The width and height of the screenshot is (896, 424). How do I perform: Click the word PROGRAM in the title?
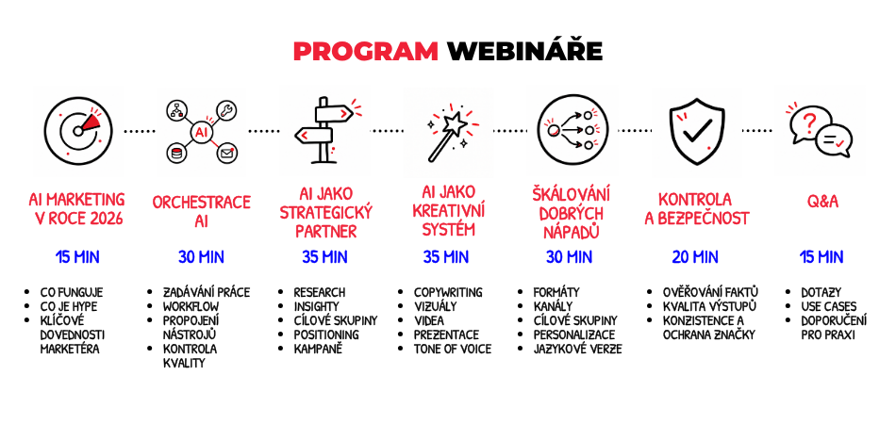click(366, 52)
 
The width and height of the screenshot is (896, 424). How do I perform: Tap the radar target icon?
click(78, 131)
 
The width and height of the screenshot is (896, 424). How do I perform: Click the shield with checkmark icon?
click(697, 131)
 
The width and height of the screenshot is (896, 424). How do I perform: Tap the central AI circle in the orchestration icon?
click(201, 133)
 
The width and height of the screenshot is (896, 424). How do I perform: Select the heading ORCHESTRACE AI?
click(201, 211)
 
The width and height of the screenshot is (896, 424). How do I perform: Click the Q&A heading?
click(822, 201)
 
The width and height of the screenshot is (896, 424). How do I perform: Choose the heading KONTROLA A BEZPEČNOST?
click(697, 209)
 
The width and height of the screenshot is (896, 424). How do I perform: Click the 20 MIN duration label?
click(695, 257)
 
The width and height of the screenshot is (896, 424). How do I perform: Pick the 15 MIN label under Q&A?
click(821, 257)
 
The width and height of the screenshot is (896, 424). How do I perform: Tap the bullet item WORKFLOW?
click(191, 306)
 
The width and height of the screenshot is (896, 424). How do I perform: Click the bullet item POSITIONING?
click(326, 334)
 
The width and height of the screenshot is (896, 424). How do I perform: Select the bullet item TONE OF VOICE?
click(453, 349)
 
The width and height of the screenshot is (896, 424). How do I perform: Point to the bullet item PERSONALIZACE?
click(574, 334)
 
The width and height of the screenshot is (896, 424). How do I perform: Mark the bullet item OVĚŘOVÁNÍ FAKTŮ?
click(711, 291)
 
